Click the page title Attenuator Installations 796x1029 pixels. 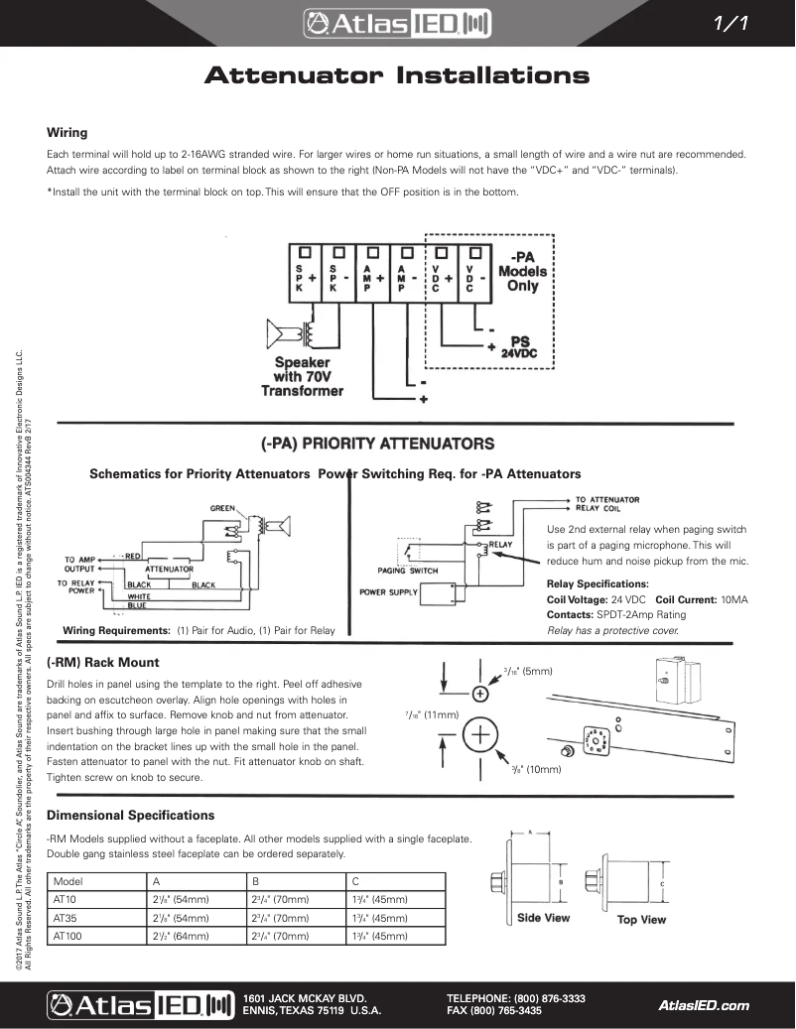[396, 76]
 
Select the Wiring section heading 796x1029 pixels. [67, 132]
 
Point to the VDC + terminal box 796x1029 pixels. [442, 273]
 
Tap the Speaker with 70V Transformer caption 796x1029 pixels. [302, 377]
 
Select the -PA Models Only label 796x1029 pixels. [522, 271]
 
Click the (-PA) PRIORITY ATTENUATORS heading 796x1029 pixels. [376, 443]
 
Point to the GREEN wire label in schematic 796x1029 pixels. [221, 508]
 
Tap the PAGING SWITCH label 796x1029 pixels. [407, 571]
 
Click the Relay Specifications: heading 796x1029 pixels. [597, 584]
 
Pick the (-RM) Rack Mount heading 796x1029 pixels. [103, 662]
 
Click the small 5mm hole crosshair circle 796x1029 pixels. [480, 691]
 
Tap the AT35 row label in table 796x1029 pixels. [65, 918]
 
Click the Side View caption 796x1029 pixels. [543, 918]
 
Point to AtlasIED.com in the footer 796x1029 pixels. [703, 1005]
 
